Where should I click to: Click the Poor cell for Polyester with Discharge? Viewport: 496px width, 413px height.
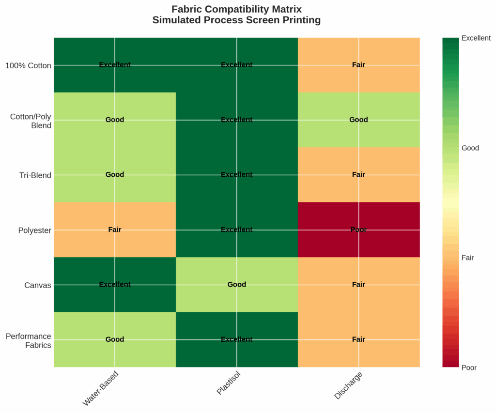[x=358, y=229]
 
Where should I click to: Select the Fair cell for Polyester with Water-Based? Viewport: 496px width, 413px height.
[x=115, y=229]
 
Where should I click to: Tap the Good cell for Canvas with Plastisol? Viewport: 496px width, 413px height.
[x=237, y=285]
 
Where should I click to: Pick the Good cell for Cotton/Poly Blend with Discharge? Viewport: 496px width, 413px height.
[x=358, y=120]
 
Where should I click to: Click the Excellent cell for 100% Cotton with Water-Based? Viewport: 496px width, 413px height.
[x=115, y=65]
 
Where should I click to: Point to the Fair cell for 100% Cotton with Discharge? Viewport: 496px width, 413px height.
[x=358, y=65]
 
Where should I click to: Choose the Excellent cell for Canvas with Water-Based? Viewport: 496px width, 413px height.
[x=115, y=285]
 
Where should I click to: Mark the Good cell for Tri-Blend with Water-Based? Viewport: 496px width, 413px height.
[x=115, y=175]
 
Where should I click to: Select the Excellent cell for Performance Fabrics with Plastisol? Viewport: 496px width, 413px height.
[x=237, y=339]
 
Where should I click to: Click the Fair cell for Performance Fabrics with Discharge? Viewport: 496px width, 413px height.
[x=358, y=339]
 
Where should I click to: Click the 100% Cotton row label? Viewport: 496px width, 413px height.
[x=28, y=65]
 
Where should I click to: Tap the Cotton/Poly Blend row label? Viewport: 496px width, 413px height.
[x=31, y=120]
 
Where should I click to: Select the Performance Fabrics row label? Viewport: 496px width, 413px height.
[x=29, y=340]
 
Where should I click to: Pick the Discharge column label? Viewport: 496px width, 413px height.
[x=348, y=386]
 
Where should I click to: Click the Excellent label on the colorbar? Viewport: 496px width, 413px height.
[x=476, y=38]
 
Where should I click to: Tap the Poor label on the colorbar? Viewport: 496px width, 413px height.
[x=469, y=367]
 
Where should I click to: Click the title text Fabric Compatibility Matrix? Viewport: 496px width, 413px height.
[x=236, y=9]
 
